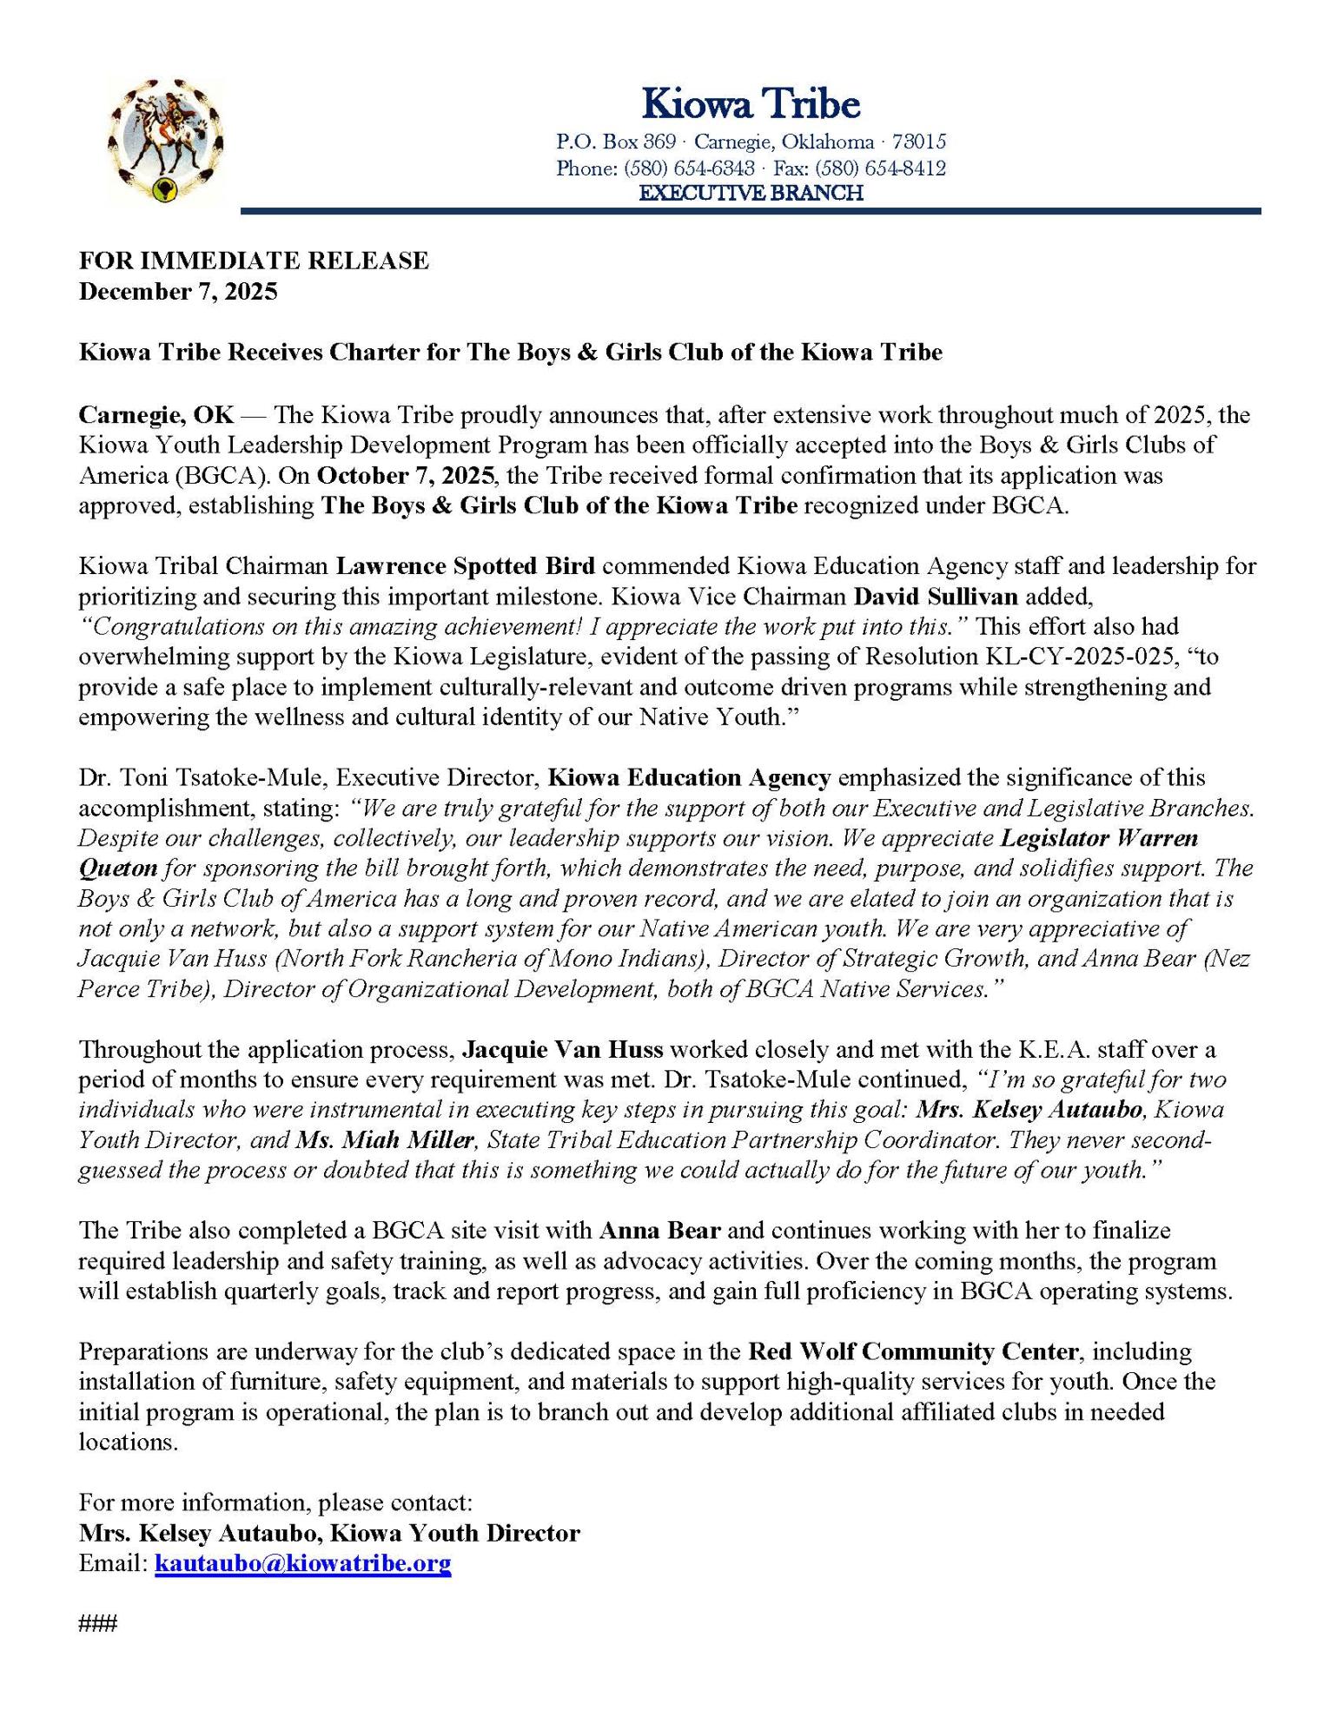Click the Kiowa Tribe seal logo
164,140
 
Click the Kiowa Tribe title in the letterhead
751,104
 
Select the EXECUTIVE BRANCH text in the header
751,193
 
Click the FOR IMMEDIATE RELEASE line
254,261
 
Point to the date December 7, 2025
178,291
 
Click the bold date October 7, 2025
406,476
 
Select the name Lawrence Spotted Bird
466,566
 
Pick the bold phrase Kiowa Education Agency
690,777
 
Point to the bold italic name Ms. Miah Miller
386,1140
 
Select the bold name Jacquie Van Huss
562,1050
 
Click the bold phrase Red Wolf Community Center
913,1352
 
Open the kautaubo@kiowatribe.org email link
302,1564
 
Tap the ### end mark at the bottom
97,1623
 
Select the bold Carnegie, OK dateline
156,415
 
